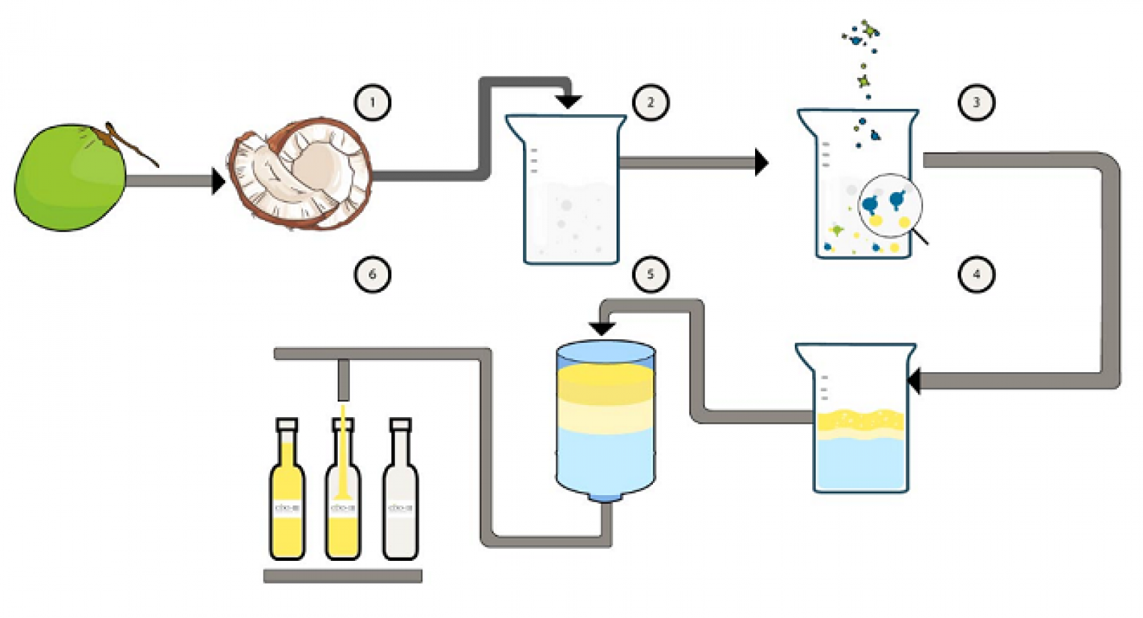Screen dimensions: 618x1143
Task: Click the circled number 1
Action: click(372, 102)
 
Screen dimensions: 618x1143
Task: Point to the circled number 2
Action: click(650, 102)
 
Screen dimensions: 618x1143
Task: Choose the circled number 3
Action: click(976, 102)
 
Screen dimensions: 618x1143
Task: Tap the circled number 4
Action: click(976, 274)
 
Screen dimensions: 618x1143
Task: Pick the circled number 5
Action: click(650, 274)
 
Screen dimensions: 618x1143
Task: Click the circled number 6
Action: click(372, 274)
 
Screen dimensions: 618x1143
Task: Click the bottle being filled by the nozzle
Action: click(343, 500)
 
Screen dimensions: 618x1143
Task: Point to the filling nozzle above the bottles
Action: click(344, 380)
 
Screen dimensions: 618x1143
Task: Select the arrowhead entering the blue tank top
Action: click(602, 328)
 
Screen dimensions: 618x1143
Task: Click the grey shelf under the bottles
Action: click(343, 576)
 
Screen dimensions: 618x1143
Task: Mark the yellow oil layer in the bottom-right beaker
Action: click(860, 423)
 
